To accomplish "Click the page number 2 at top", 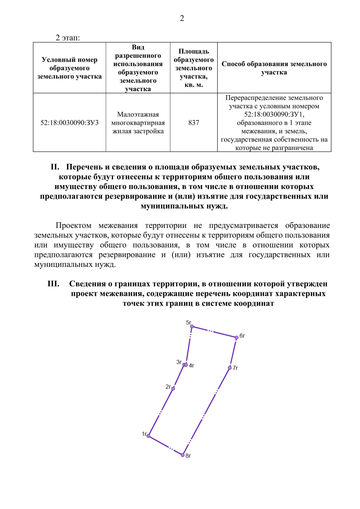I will (x=182, y=18).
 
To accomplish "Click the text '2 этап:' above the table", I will (x=67, y=38).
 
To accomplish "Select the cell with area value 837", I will (x=193, y=123).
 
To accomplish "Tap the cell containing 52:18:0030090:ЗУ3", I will (x=69, y=123).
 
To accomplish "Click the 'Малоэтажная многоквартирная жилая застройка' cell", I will (x=138, y=123).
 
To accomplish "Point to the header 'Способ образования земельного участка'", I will (x=274, y=68).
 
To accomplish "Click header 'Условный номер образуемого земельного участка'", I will (x=69, y=68).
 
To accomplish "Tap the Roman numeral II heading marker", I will (x=55, y=167).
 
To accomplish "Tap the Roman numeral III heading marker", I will (x=53, y=284).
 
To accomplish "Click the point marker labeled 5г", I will (x=192, y=327).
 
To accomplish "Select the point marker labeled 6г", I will (x=236, y=337).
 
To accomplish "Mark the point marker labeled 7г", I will (x=229, y=368).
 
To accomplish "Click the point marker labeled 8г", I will (x=182, y=455).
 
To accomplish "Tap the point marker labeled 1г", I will (x=148, y=436).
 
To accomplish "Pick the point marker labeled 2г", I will (x=173, y=388).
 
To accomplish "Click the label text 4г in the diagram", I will (x=192, y=366).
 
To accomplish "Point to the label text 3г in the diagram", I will (x=179, y=362).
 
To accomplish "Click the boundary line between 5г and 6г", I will (x=214, y=332).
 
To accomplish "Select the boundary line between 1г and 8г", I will (x=165, y=445).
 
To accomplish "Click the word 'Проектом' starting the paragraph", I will (x=73, y=226).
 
